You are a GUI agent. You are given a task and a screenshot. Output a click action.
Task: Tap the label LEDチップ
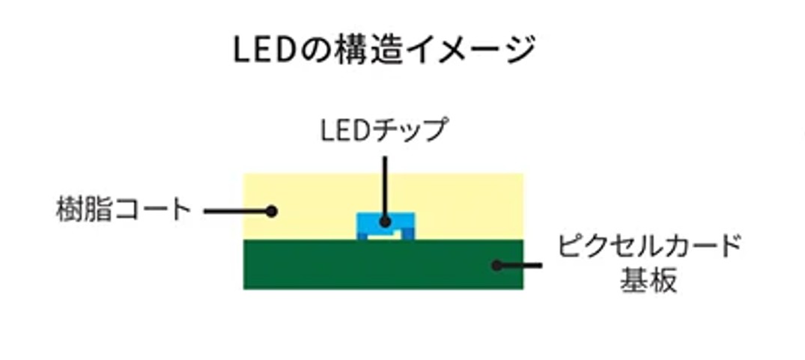384,130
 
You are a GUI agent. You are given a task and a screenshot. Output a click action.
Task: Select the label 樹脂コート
124,209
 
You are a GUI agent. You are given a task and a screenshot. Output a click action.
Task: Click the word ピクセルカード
648,246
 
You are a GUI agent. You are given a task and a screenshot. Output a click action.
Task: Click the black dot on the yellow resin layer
271,211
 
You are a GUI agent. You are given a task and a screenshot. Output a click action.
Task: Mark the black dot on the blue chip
385,222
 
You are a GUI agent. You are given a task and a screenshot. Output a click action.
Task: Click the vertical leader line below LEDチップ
385,183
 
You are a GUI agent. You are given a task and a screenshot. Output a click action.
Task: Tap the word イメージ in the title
464,50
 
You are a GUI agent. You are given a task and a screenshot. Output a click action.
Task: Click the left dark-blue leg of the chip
362,237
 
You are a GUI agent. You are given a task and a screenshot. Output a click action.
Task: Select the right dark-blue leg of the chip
408,237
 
